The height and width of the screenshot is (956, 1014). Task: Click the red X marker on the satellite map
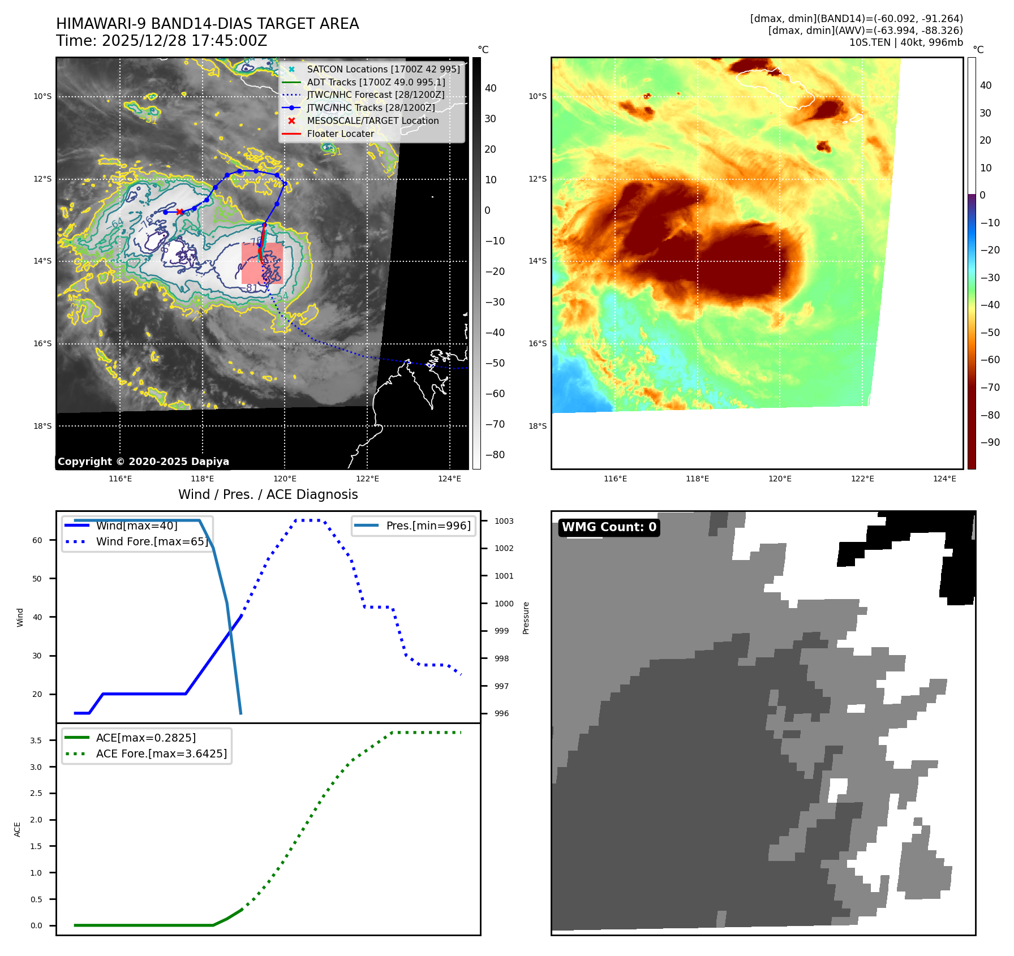pyautogui.click(x=180, y=212)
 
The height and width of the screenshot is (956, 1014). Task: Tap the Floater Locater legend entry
pyautogui.click(x=340, y=134)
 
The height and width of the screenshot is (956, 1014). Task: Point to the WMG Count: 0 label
pyautogui.click(x=609, y=527)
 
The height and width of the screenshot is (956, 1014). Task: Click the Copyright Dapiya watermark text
pyautogui.click(x=143, y=462)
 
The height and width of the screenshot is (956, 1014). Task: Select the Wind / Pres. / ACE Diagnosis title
pyautogui.click(x=268, y=494)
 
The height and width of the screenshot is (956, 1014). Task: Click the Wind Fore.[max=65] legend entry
pyautogui.click(x=152, y=541)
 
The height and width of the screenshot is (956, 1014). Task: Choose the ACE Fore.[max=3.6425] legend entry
pyautogui.click(x=161, y=753)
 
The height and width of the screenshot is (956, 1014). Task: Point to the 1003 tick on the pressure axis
pyautogui.click(x=504, y=521)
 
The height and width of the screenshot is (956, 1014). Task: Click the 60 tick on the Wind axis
pyautogui.click(x=37, y=540)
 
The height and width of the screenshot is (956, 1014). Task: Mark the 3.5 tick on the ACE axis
pyautogui.click(x=36, y=740)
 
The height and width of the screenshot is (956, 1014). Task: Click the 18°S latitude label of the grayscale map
pyautogui.click(x=42, y=426)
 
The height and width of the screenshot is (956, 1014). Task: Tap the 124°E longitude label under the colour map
pyautogui.click(x=944, y=479)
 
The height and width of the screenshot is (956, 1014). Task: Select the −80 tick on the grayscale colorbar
pyautogui.click(x=495, y=455)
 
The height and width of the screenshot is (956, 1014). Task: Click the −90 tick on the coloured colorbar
pyautogui.click(x=990, y=442)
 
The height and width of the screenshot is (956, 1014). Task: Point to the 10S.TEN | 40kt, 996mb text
pyautogui.click(x=905, y=42)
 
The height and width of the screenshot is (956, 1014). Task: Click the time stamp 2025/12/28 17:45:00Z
pyautogui.click(x=184, y=41)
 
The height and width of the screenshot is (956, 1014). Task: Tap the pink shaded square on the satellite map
pyautogui.click(x=262, y=263)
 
